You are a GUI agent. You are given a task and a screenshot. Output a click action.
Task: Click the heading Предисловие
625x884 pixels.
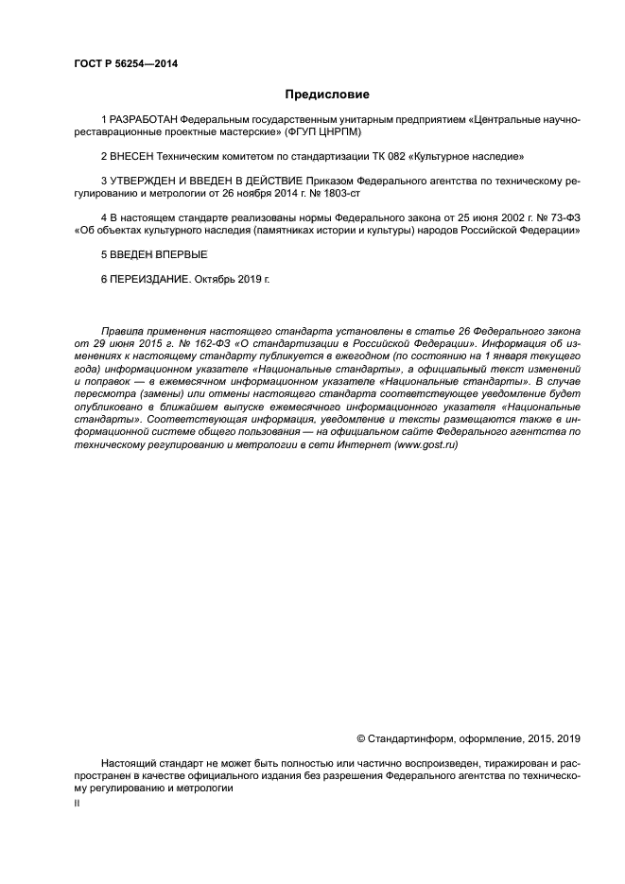coord(327,95)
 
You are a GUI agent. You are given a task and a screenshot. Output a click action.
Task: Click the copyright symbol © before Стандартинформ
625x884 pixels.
coord(360,738)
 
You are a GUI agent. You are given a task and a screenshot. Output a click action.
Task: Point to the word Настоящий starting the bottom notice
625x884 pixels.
coord(128,762)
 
